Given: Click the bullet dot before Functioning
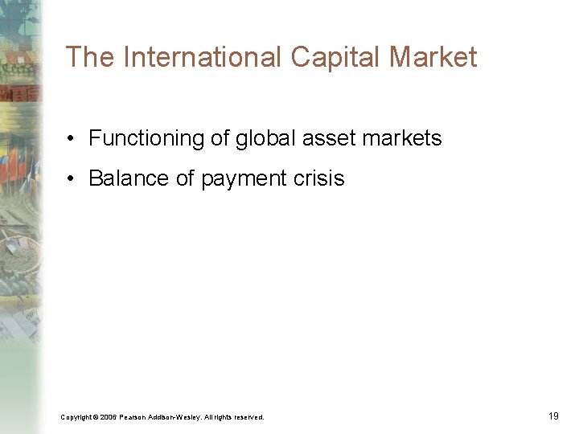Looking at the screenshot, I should pos(72,139).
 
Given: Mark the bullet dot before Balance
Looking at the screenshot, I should pos(72,179).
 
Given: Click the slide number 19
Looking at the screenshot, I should pos(553,416).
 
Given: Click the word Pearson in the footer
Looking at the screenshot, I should pos(134,417).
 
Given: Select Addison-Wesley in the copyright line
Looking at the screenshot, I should pos(175,417).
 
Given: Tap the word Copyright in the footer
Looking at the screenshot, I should pos(75,417).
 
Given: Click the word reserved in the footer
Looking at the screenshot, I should pos(248,417).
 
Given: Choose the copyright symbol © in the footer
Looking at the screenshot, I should pos(95,417).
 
